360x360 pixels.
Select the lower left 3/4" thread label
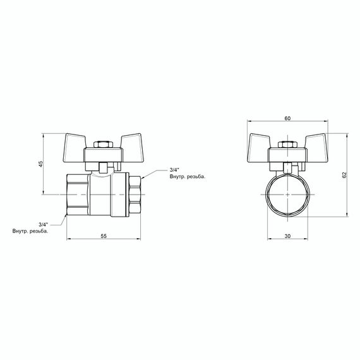click(43, 224)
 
